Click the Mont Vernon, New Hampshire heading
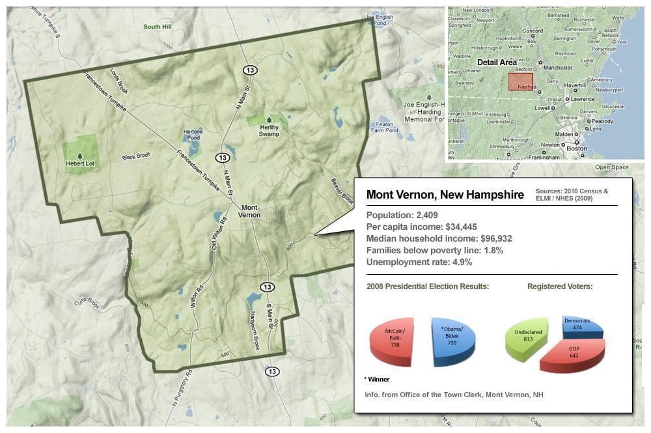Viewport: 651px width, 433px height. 445,195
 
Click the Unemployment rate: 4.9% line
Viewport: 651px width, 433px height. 419,262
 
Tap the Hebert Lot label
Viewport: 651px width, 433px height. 80,164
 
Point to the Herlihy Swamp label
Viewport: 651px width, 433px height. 268,130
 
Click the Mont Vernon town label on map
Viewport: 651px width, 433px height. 249,211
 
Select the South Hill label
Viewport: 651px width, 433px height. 157,27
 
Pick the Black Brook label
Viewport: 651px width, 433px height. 136,156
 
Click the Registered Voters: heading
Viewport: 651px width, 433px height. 560,286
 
